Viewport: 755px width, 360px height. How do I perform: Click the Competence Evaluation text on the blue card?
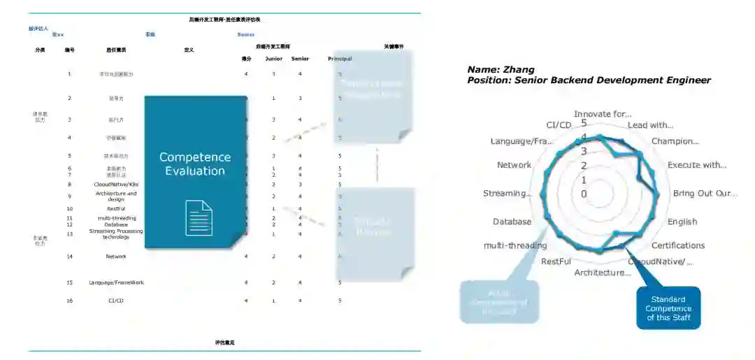tap(195, 164)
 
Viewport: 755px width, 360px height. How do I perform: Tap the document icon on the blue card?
tap(199, 217)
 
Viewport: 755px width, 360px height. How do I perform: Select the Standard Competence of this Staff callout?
tap(668, 308)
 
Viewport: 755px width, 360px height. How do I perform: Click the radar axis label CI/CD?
tap(559, 124)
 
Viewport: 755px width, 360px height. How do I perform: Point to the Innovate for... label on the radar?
tap(603, 113)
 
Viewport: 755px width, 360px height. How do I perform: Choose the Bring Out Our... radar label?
tap(705, 193)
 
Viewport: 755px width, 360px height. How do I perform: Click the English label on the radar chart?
tap(682, 222)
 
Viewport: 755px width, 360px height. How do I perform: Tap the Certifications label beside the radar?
tap(678, 245)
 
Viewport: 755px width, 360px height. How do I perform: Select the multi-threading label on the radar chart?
tap(515, 245)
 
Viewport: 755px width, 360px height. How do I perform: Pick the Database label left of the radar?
tap(512, 222)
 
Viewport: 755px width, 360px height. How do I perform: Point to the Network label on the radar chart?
tap(515, 165)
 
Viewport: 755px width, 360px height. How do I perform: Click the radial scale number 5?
tap(584, 122)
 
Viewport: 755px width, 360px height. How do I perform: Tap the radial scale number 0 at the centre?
tap(584, 194)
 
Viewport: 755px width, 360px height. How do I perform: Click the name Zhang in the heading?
tap(521, 69)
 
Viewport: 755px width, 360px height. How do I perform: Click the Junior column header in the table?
tap(274, 59)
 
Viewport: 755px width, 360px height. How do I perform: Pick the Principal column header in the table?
tap(340, 59)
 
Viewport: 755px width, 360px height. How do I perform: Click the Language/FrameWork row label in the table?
tap(116, 282)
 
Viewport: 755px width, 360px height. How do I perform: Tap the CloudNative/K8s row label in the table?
tap(116, 185)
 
